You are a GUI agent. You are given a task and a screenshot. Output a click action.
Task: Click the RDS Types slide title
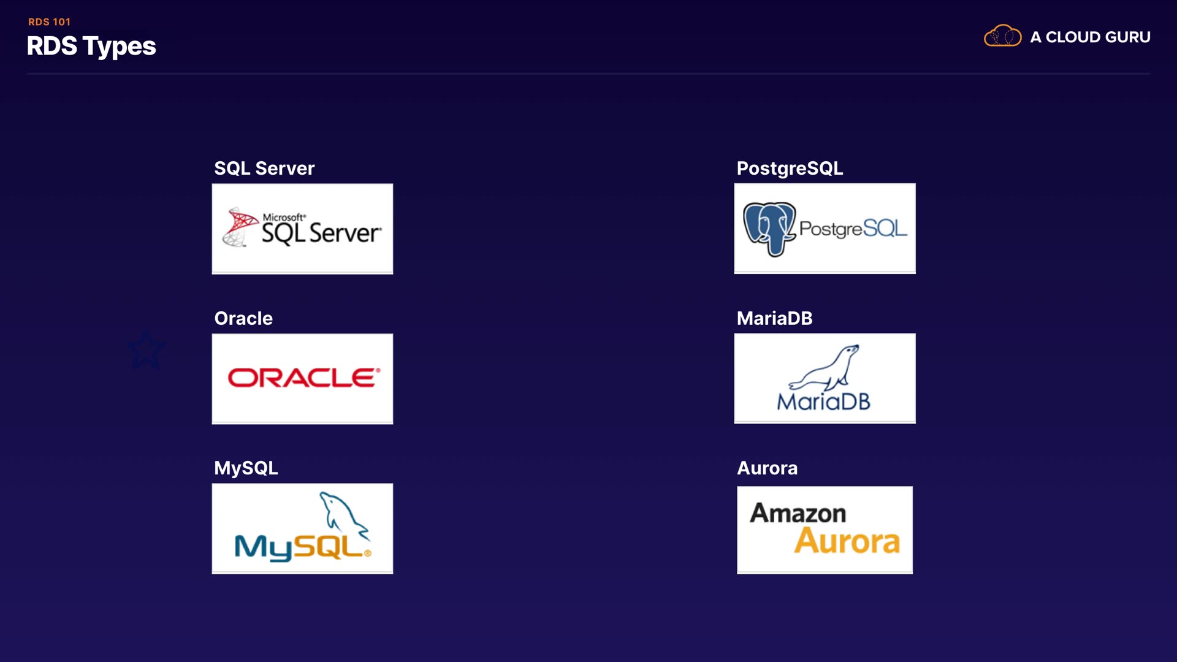[91, 47]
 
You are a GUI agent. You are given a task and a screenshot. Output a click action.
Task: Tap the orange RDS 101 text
[49, 22]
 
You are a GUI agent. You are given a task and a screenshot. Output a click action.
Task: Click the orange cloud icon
[1002, 36]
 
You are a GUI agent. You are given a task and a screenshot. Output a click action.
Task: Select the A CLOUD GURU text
[1090, 37]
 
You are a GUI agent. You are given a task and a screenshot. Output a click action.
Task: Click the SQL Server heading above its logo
[264, 169]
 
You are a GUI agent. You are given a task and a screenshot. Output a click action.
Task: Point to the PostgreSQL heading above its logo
[790, 169]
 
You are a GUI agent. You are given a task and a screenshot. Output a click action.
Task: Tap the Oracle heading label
[243, 319]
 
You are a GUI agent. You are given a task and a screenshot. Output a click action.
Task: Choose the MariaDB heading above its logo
[774, 319]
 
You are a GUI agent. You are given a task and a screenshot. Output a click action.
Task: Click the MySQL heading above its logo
[246, 468]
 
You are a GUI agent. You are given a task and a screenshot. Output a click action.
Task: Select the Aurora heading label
[767, 468]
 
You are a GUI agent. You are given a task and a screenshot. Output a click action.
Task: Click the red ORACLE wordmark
[303, 378]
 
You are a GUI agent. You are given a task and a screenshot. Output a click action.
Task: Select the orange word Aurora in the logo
[847, 541]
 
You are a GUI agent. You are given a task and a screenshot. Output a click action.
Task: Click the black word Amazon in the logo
[798, 513]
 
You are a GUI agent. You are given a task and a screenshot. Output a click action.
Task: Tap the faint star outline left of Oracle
[146, 351]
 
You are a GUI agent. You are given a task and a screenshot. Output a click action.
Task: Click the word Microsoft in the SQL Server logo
[284, 217]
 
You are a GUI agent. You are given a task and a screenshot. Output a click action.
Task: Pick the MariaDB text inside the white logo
[823, 402]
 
